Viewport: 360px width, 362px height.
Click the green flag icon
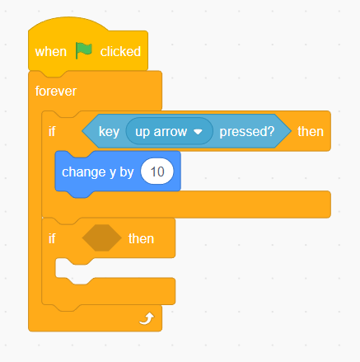[x=84, y=50]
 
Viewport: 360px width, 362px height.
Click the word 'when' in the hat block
[x=51, y=52]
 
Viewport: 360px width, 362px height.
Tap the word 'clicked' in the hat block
[x=120, y=51]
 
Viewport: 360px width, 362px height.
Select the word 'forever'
[x=56, y=92]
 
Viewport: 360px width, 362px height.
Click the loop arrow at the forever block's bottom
[x=147, y=318]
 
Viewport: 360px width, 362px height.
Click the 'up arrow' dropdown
[x=169, y=131]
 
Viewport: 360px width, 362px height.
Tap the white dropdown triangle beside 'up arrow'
[x=198, y=132]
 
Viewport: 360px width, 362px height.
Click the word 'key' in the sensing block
[x=109, y=132]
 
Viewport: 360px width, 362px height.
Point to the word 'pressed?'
[x=247, y=132]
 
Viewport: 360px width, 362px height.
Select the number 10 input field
[x=157, y=172]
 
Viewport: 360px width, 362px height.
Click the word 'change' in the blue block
[x=84, y=172]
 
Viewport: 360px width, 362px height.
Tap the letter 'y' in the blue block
[x=113, y=173]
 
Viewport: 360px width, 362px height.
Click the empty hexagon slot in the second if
[x=102, y=237]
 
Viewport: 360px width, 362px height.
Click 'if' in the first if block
[x=52, y=131]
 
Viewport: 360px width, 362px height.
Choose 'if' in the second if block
[x=52, y=238]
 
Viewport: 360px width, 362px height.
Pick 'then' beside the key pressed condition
[x=311, y=132]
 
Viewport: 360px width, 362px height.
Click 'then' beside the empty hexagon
[x=141, y=238]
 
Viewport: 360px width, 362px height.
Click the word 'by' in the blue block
[x=127, y=172]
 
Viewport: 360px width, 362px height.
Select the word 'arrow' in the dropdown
[x=171, y=132]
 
